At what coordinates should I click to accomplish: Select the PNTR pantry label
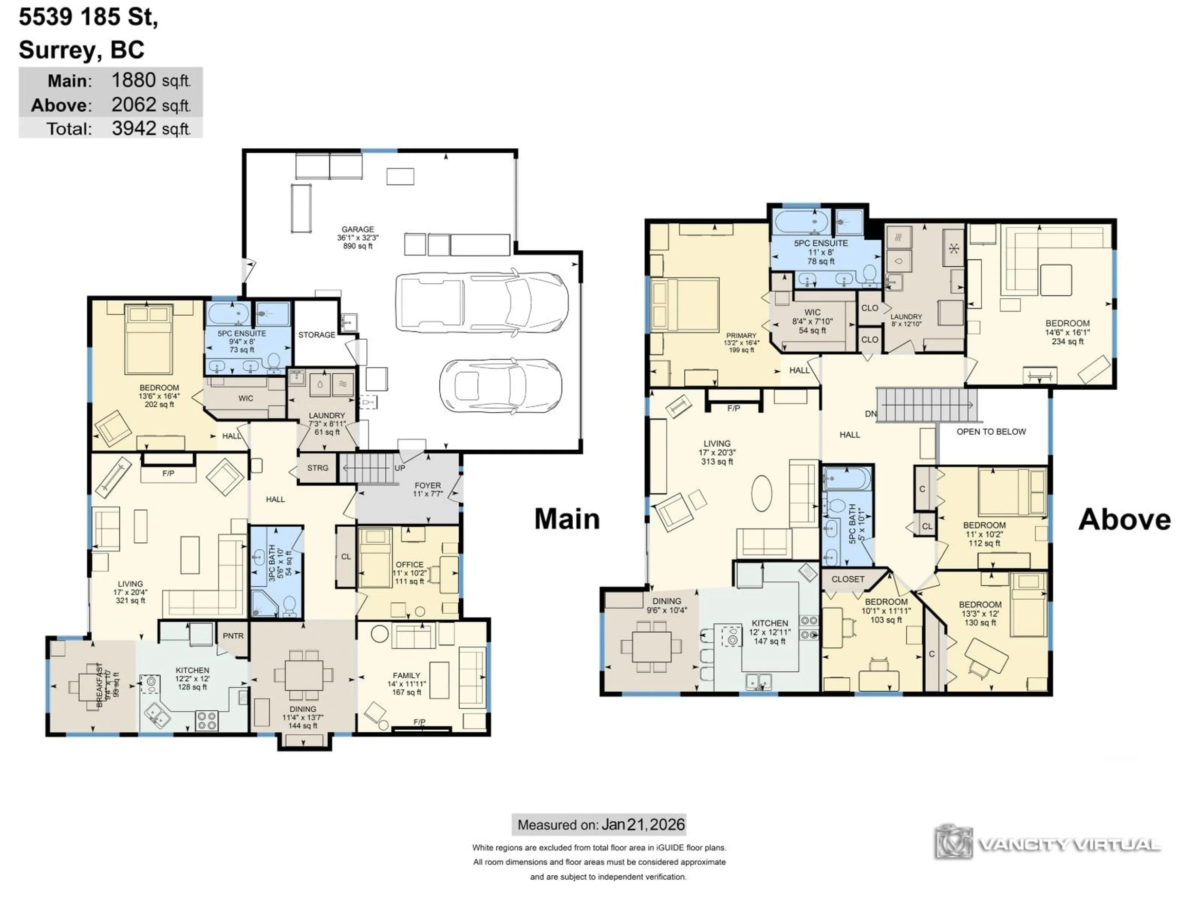pos(233,636)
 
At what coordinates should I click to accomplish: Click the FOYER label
pos(428,485)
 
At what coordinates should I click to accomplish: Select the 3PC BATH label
pos(272,563)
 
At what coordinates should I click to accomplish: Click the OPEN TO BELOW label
pos(991,432)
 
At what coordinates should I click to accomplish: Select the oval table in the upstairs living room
pos(762,493)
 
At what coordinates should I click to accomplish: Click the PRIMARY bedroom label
pos(741,336)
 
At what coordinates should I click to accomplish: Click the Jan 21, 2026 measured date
pos(643,825)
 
